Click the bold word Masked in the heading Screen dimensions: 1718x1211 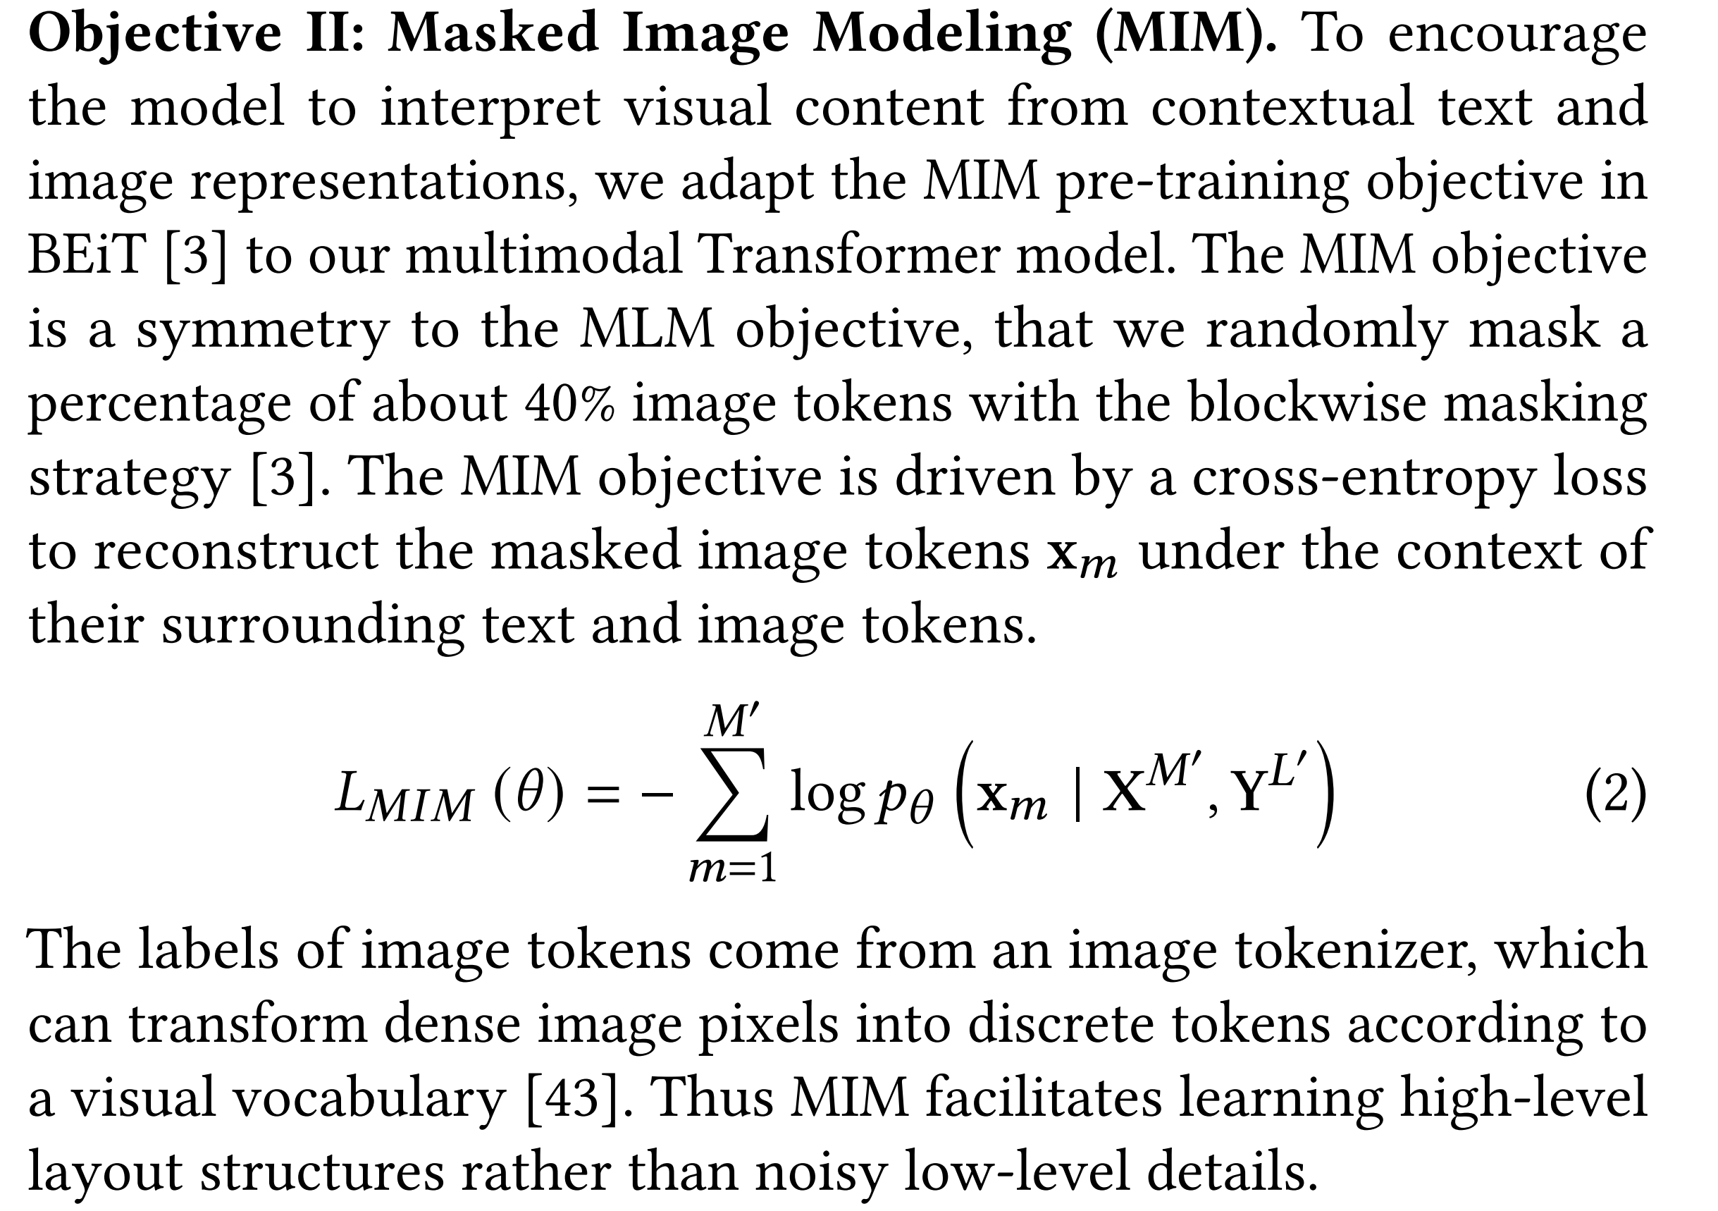click(497, 34)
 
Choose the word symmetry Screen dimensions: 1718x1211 click(263, 329)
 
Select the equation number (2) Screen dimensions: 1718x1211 click(1614, 795)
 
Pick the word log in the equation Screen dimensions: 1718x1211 click(826, 795)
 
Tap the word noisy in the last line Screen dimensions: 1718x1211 click(820, 1172)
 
